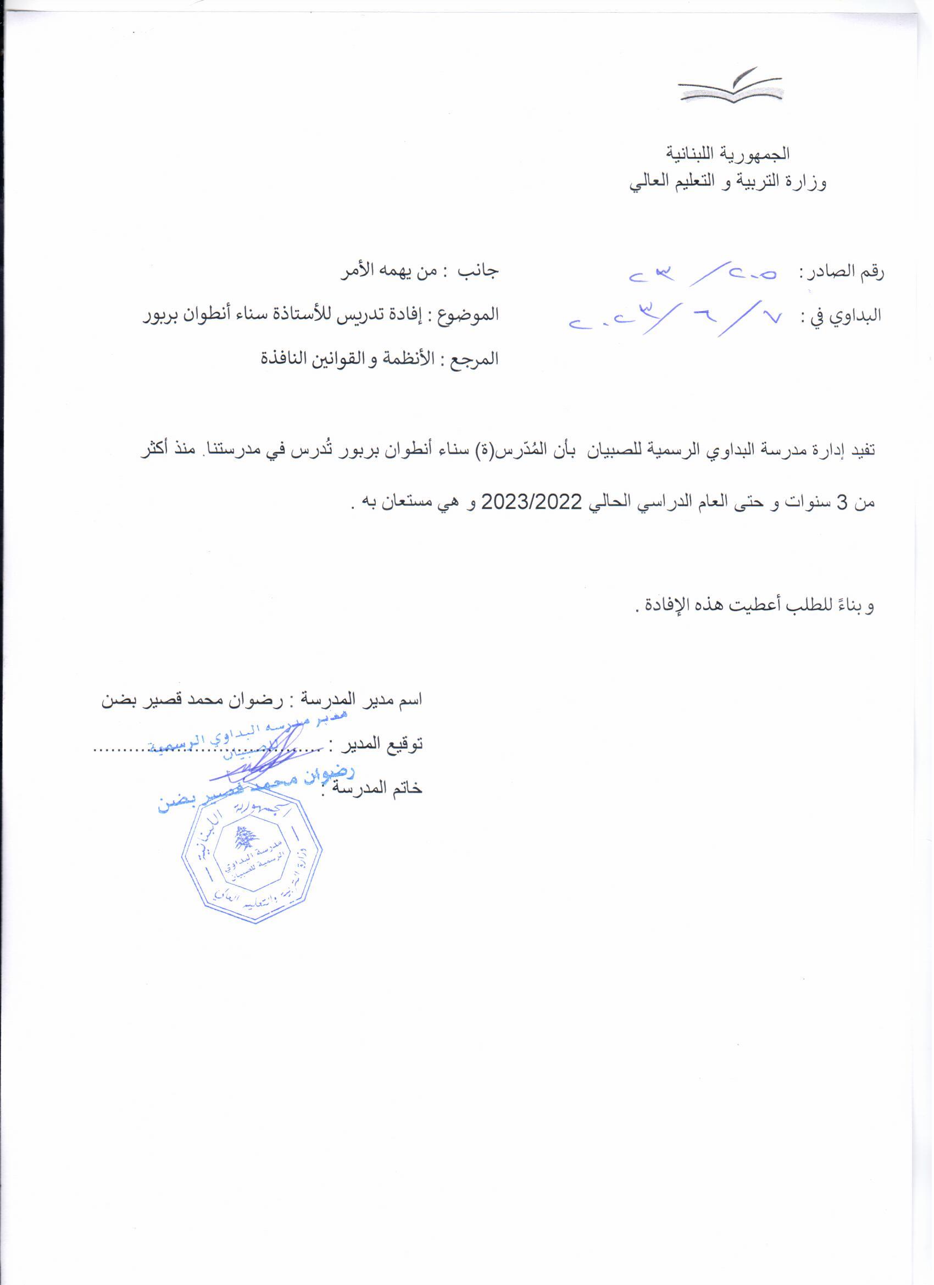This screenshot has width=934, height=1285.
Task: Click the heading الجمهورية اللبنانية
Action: click(727, 153)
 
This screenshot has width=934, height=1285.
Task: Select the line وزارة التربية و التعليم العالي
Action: click(727, 182)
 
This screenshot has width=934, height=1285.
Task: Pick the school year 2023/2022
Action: click(531, 502)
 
